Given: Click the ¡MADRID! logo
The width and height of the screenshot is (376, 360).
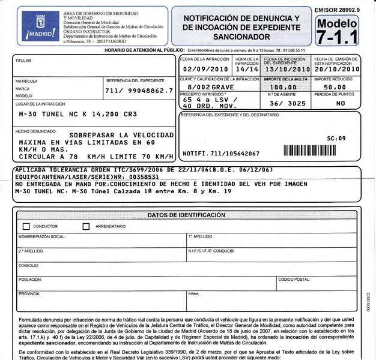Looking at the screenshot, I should pos(40,27).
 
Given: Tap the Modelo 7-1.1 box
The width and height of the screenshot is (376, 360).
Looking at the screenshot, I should pos(336,31).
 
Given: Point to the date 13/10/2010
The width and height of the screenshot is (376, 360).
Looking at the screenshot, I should pos(286,69).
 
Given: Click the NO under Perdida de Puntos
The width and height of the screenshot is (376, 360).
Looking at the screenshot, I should pos(341,103).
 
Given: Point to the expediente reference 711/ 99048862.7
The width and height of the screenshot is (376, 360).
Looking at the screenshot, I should pos(139,91).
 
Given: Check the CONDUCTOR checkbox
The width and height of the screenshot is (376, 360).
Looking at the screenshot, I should pos(26,227).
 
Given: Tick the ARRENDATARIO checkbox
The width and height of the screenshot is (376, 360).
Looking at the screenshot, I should pos(86,227).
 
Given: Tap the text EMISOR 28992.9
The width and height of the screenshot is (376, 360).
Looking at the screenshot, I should pos(336,10).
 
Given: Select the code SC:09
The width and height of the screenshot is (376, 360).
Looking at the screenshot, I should pos(336,139).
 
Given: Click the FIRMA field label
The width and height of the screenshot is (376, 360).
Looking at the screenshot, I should pos(193,294).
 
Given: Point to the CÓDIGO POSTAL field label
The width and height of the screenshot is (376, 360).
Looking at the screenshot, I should pos(294,280).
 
